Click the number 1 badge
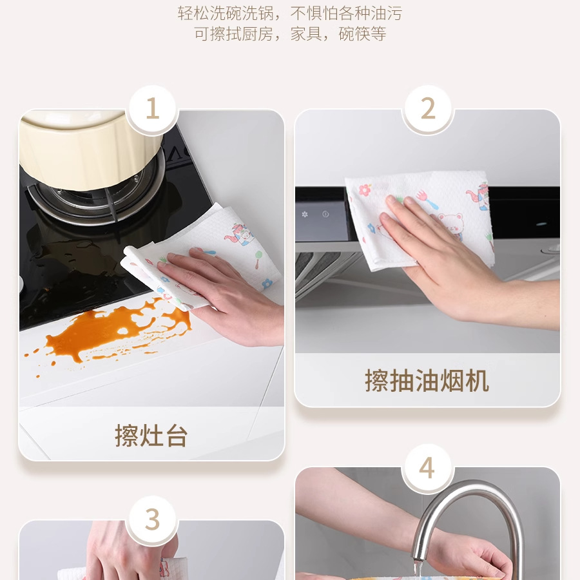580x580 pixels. tap(152, 109)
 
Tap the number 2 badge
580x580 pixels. tap(428, 109)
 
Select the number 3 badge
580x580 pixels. tap(152, 519)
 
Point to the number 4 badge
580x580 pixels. tap(428, 468)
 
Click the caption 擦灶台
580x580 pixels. tap(151, 436)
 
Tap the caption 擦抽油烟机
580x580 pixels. tap(427, 380)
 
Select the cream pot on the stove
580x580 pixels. tap(92, 148)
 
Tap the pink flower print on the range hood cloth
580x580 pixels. tap(365, 189)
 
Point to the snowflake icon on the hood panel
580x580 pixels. tap(305, 214)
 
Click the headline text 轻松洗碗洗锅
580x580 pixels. tap(226, 14)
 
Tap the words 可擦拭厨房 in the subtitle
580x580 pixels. tap(234, 34)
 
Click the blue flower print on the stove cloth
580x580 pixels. tap(267, 284)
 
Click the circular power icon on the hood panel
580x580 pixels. tap(325, 214)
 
